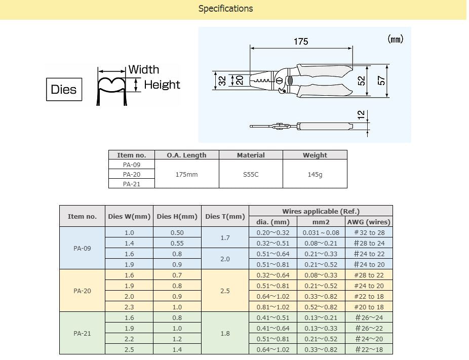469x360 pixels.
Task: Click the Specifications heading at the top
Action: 225,9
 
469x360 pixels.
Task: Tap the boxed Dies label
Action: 64,90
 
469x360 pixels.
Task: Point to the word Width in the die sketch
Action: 143,70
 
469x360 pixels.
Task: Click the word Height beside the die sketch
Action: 162,85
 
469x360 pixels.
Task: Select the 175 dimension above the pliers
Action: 301,42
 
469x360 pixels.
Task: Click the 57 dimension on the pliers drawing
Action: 382,81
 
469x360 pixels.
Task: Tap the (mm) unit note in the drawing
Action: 396,39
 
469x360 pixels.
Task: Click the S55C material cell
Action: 251,174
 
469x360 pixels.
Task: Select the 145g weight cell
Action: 315,174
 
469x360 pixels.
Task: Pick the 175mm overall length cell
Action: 186,174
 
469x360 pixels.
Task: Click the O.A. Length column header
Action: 186,155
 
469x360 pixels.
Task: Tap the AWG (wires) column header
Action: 369,222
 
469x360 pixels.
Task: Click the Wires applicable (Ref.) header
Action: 321,211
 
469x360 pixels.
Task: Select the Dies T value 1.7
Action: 225,237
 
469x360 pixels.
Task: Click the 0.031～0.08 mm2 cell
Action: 321,232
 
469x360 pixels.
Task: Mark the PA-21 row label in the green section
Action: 82,333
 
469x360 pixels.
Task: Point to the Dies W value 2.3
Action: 129,307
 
